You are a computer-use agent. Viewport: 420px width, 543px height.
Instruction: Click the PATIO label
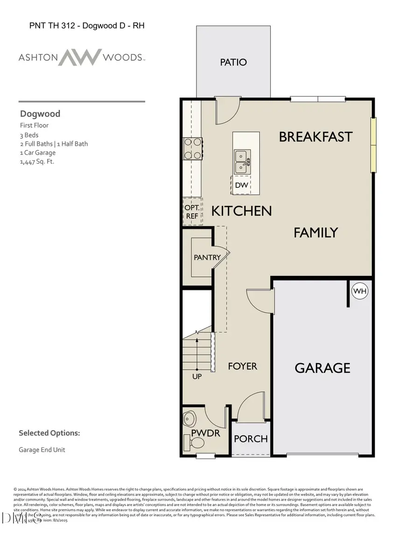pyautogui.click(x=233, y=62)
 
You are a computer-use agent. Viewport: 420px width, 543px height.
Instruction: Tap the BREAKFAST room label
pyautogui.click(x=315, y=137)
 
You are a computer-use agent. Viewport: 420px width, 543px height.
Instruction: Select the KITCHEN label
pyautogui.click(x=241, y=211)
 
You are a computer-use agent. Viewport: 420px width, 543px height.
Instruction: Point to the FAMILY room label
pyautogui.click(x=315, y=232)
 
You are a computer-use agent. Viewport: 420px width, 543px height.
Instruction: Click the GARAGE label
pyautogui.click(x=322, y=368)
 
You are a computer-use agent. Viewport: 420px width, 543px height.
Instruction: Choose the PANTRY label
pyautogui.click(x=207, y=257)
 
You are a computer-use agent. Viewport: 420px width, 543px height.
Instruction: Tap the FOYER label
pyautogui.click(x=242, y=366)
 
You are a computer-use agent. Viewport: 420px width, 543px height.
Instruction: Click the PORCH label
pyautogui.click(x=251, y=439)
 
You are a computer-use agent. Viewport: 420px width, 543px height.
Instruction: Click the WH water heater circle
pyautogui.click(x=360, y=291)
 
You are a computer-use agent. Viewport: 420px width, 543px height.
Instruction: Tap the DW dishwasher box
pyautogui.click(x=241, y=186)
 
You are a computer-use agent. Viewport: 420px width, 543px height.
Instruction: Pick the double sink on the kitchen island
pyautogui.click(x=242, y=161)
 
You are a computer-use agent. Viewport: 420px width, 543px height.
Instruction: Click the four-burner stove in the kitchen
pyautogui.click(x=192, y=149)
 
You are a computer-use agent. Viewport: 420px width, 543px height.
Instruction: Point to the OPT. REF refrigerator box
pyautogui.click(x=192, y=212)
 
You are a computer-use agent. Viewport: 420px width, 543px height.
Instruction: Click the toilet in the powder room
pyautogui.click(x=198, y=443)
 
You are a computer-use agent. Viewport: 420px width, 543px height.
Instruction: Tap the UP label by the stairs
pyautogui.click(x=197, y=376)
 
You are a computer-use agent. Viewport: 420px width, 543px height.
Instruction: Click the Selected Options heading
pyautogui.click(x=49, y=433)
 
